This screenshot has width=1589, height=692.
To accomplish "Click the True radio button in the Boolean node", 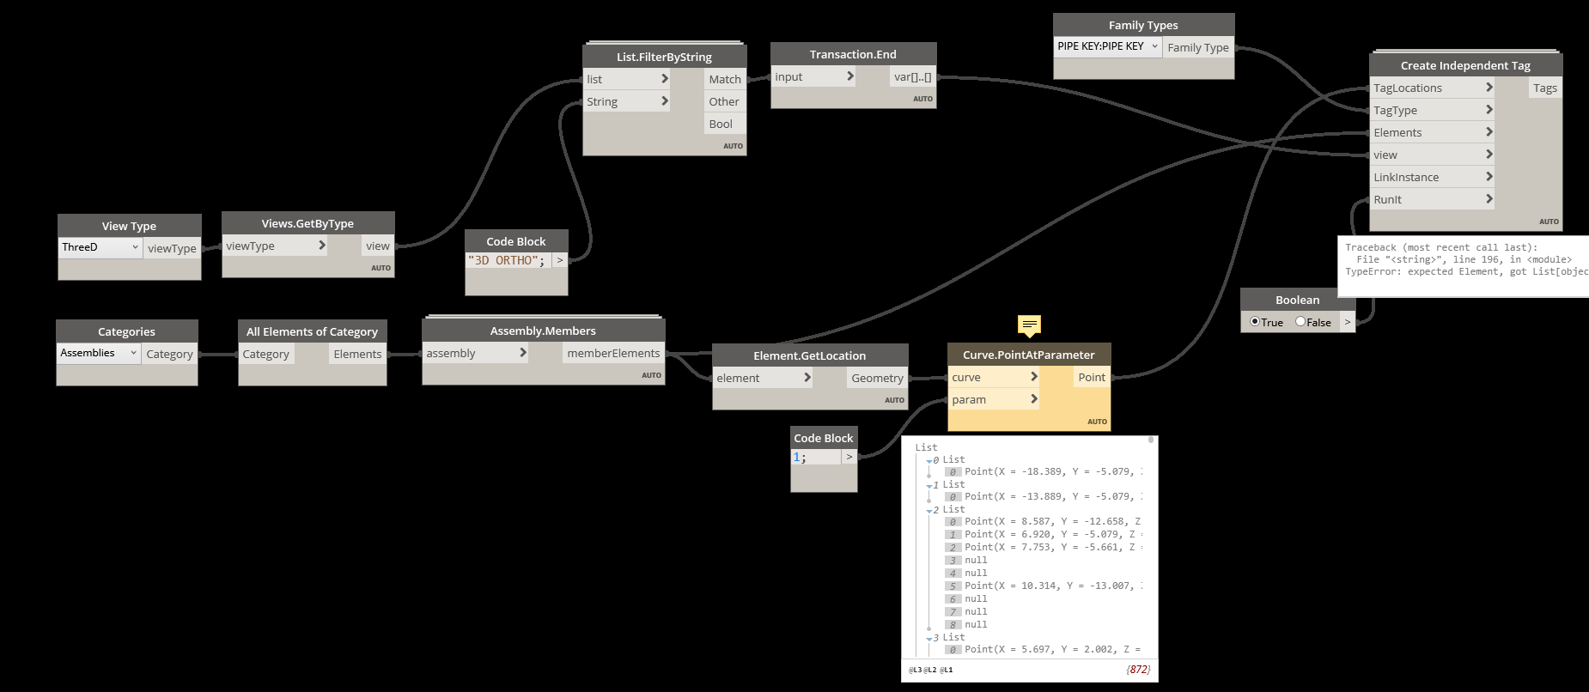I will pyautogui.click(x=1255, y=322).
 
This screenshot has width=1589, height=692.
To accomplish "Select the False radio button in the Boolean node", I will pyautogui.click(x=1300, y=322).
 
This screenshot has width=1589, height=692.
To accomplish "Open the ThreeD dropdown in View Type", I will pyautogui.click(x=100, y=247).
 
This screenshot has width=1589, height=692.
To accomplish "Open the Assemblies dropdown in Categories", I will pyautogui.click(x=99, y=353).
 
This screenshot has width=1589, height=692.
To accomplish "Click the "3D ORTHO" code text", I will pyautogui.click(x=506, y=260).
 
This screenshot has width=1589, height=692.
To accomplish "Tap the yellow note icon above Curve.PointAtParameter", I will pyautogui.click(x=1029, y=325).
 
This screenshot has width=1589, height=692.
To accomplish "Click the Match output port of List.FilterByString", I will pyautogui.click(x=724, y=79).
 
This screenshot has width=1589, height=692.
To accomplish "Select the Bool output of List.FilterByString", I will pyautogui.click(x=721, y=124).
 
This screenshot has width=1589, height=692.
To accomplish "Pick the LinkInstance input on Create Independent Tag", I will pyautogui.click(x=1406, y=177).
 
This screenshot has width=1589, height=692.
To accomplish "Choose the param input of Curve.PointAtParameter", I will pyautogui.click(x=969, y=399).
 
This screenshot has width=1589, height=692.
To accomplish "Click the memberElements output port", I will pyautogui.click(x=613, y=353).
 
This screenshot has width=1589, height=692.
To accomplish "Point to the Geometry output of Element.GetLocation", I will pyautogui.click(x=877, y=378).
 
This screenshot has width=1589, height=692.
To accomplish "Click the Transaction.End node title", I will pyautogui.click(x=853, y=54).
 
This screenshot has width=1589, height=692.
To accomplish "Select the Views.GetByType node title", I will pyautogui.click(x=307, y=223).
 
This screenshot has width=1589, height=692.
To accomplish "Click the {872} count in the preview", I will pyautogui.click(x=1138, y=670).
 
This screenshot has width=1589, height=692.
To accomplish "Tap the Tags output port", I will pyautogui.click(x=1544, y=88).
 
